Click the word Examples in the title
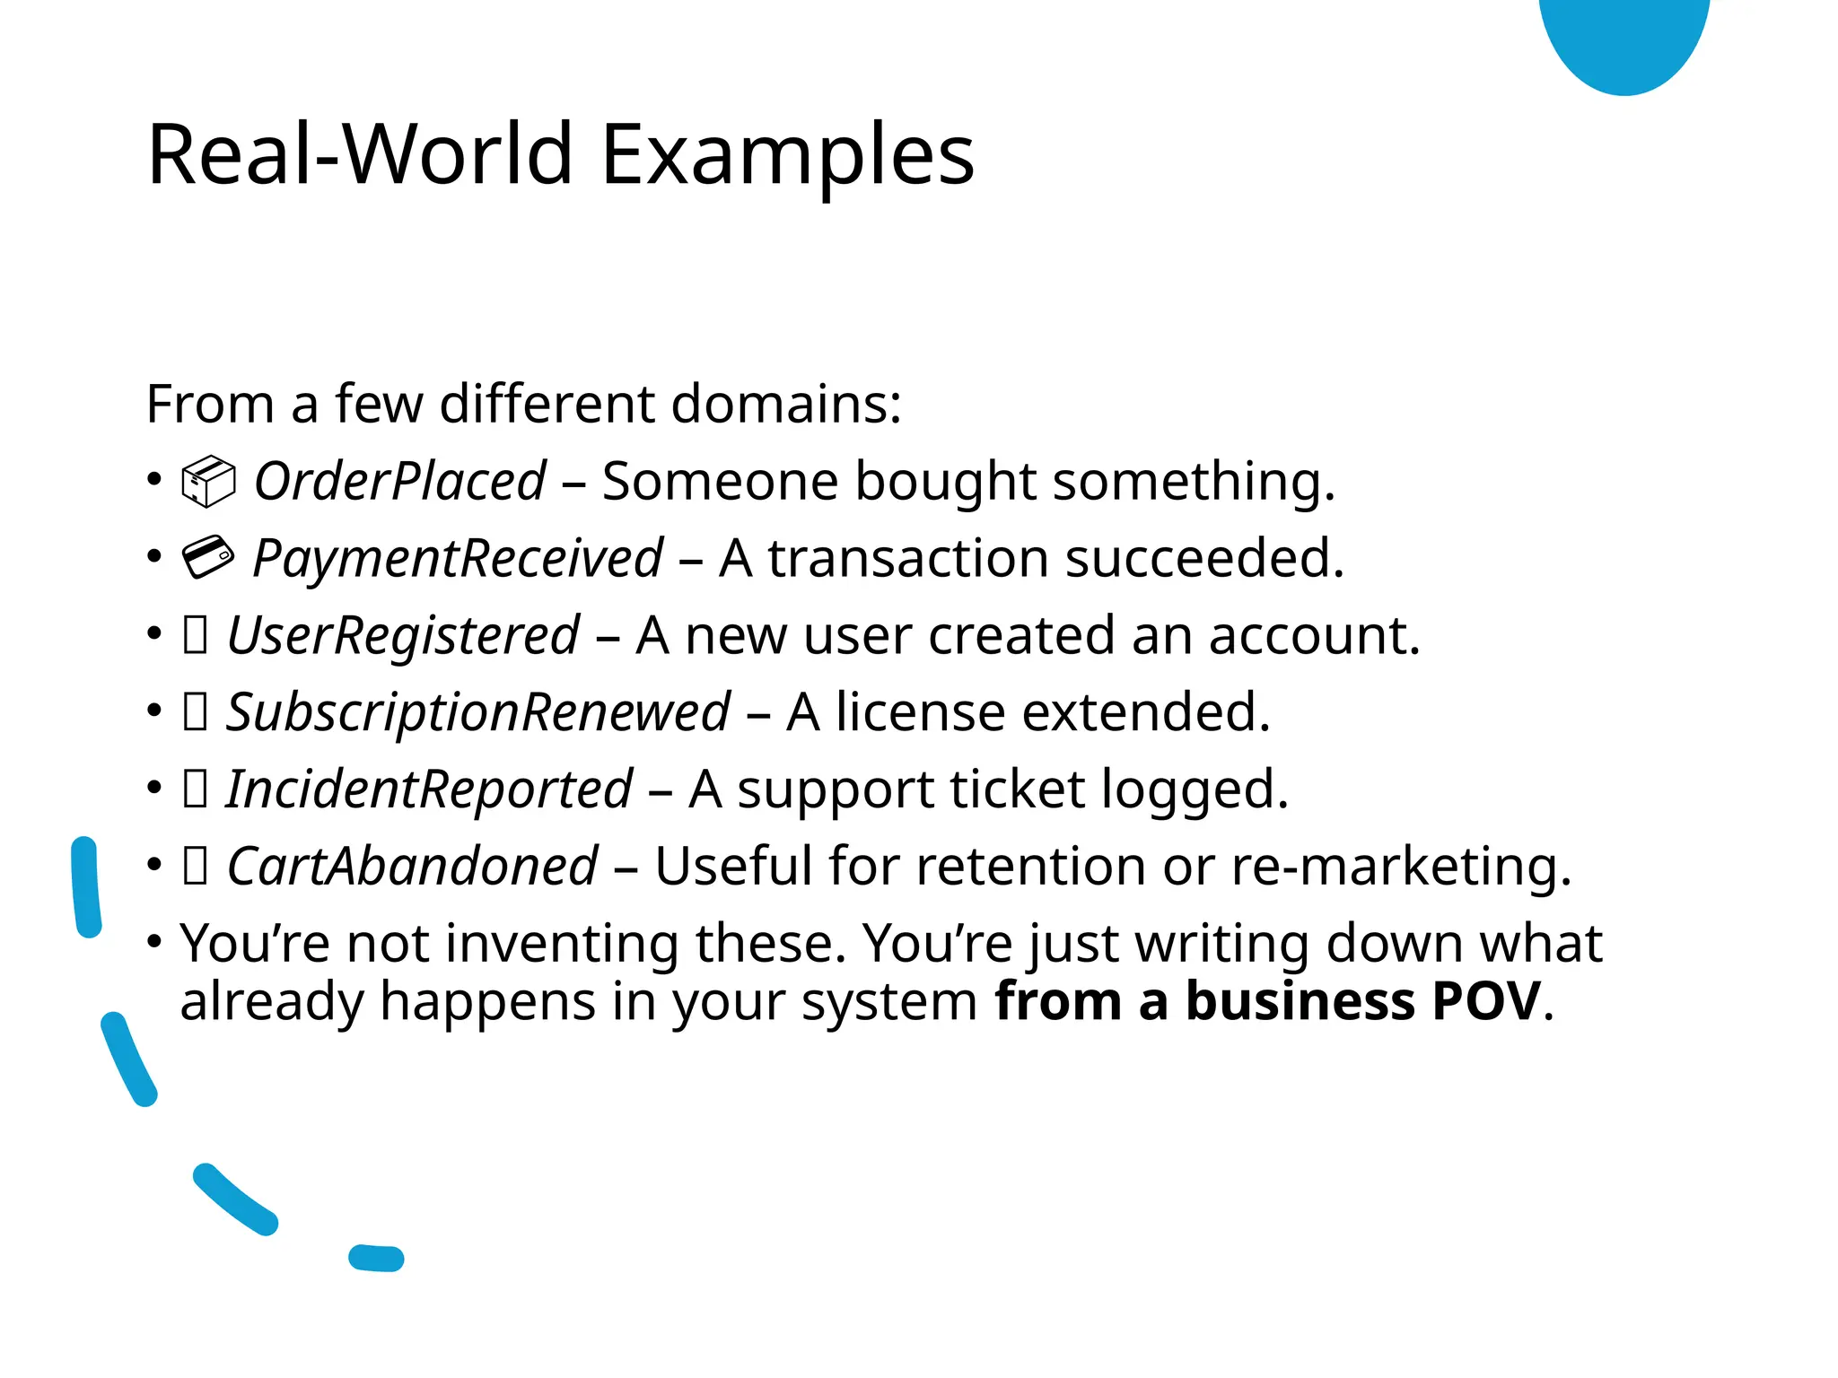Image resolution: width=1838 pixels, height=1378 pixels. pos(787,156)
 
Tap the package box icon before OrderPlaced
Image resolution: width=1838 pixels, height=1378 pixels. pos(208,482)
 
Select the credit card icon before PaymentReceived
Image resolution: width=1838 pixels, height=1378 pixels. pos(208,557)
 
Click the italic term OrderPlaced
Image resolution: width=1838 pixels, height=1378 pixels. pos(399,482)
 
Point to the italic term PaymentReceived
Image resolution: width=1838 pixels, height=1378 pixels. pos(458,559)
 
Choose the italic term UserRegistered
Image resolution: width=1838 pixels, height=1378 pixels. pos(403,636)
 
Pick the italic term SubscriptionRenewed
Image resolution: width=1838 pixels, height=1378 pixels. pos(477,713)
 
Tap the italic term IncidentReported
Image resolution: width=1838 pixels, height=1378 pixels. pos(429,790)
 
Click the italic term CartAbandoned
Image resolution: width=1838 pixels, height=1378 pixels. pos(412,868)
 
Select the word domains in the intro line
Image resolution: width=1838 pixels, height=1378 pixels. pos(786,405)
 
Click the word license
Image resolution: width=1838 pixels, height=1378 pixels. pos(920,713)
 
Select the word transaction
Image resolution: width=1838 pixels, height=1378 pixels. pos(907,559)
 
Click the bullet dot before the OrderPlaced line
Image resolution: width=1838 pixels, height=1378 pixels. pos(154,479)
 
